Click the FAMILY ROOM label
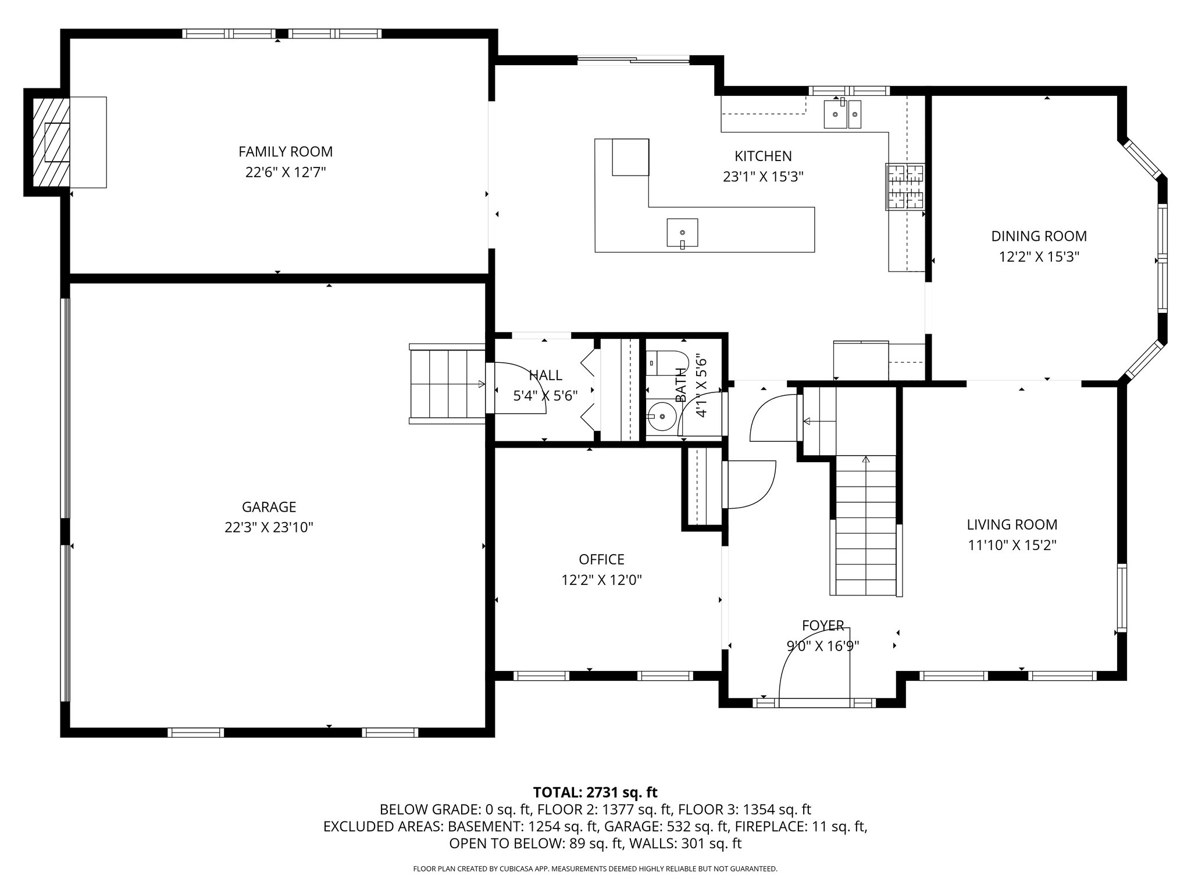[x=286, y=152]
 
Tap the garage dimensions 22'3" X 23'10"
[x=269, y=527]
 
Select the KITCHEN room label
[x=763, y=156]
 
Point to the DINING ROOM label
[x=1039, y=236]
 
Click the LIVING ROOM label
[x=1012, y=524]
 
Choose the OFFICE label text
[x=601, y=559]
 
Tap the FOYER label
[x=823, y=626]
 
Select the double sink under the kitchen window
[x=842, y=113]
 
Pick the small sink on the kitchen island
[x=682, y=233]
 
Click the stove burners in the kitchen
[x=905, y=186]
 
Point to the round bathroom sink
[x=662, y=417]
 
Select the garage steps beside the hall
[x=447, y=384]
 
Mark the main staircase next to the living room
[x=866, y=526]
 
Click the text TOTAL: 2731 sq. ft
[x=595, y=792]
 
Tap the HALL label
[x=545, y=375]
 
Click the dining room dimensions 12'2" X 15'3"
[x=1039, y=257]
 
